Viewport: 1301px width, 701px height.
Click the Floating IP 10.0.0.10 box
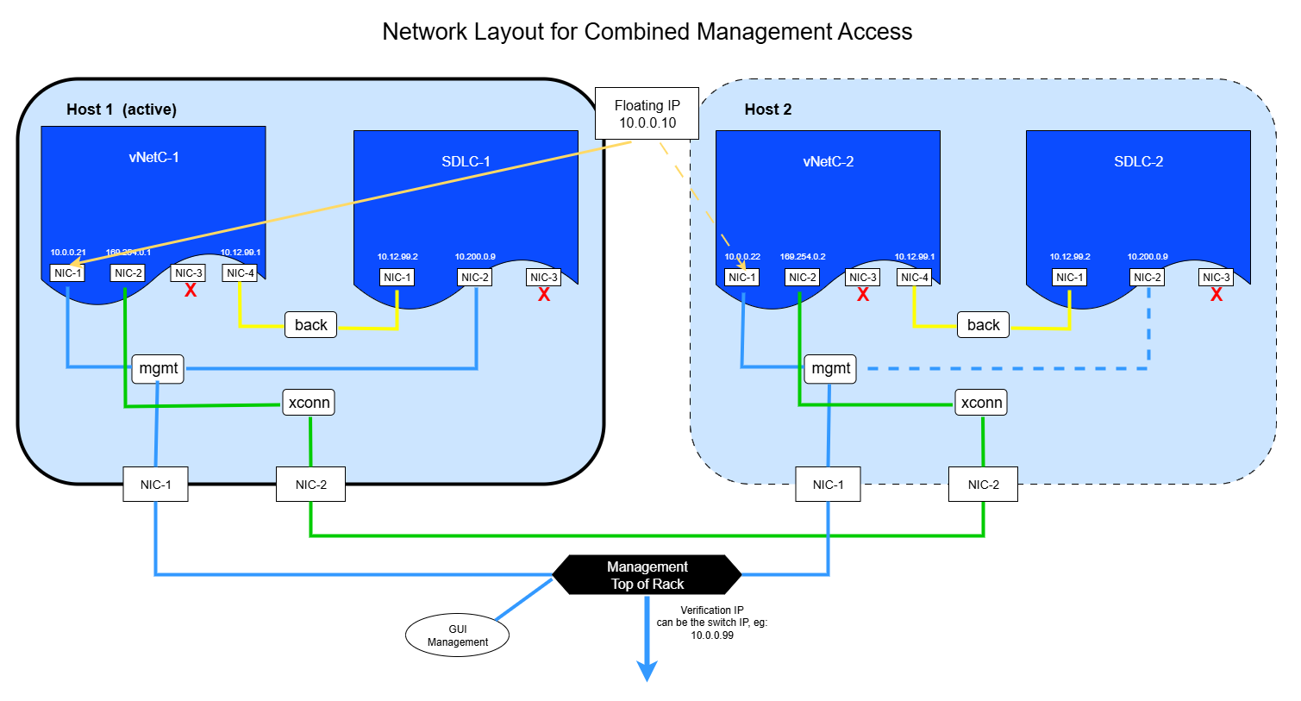647,114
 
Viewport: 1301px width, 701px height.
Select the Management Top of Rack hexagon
647,575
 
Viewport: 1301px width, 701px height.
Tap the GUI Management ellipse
457,635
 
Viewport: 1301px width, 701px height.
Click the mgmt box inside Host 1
158,368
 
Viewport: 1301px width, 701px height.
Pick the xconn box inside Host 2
981,403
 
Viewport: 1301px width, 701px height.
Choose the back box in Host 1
310,325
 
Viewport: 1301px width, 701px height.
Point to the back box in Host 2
983,325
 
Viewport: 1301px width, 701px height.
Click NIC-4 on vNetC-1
240,273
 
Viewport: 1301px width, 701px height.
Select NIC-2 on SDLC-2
1147,278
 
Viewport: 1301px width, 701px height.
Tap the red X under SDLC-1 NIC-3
544,295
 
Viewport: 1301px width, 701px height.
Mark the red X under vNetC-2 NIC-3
863,295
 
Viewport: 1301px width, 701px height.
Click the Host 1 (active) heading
122,110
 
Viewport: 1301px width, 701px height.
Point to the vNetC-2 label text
828,161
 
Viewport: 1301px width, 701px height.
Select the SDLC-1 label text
466,161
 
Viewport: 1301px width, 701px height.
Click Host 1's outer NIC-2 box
310,485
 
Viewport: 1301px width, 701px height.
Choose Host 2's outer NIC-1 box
828,485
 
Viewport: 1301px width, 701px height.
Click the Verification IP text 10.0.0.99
712,635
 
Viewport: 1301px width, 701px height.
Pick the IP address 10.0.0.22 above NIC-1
742,257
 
